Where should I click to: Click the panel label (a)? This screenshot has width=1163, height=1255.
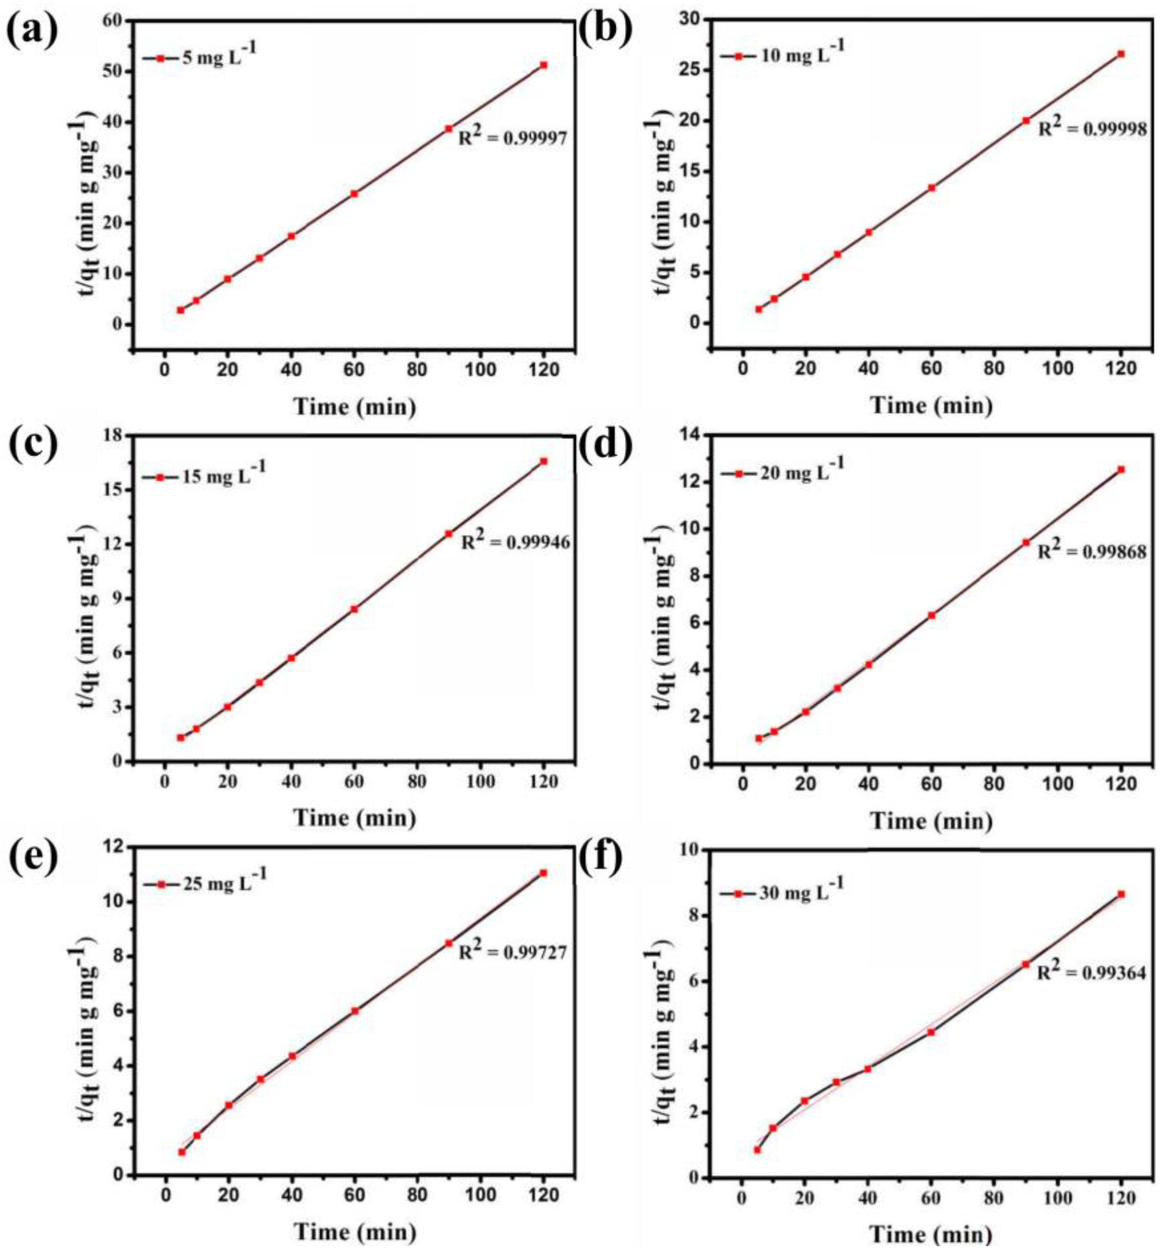tap(33, 31)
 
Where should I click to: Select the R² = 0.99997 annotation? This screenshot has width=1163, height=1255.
tap(513, 137)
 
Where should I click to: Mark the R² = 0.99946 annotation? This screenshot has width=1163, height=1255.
tap(516, 541)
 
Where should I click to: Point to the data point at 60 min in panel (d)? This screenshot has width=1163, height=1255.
tap(932, 615)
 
